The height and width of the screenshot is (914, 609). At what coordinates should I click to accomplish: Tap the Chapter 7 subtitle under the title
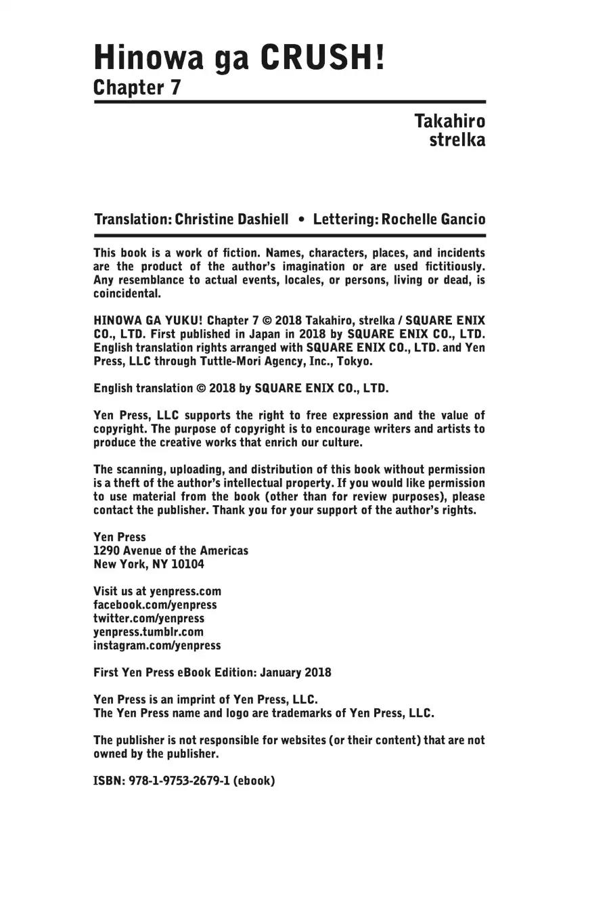click(137, 88)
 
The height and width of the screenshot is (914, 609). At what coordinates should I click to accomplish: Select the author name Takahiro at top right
click(449, 122)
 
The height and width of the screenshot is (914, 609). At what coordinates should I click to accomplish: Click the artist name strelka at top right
click(457, 141)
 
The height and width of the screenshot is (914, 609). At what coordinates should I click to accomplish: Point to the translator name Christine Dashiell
click(231, 219)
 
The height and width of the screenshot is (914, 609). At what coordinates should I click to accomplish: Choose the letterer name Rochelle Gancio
click(433, 219)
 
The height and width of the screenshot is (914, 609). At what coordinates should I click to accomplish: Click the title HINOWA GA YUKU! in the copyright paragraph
click(148, 321)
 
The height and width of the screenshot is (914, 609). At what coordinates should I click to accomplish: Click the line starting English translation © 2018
click(241, 389)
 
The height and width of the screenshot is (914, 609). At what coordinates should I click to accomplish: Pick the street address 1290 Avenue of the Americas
click(171, 551)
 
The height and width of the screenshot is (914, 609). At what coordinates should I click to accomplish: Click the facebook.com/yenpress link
click(155, 605)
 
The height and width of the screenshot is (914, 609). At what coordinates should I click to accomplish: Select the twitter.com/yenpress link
click(148, 619)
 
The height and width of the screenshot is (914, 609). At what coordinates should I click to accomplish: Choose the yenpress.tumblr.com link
click(148, 632)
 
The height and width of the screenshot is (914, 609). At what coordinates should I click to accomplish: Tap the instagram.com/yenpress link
click(157, 646)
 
